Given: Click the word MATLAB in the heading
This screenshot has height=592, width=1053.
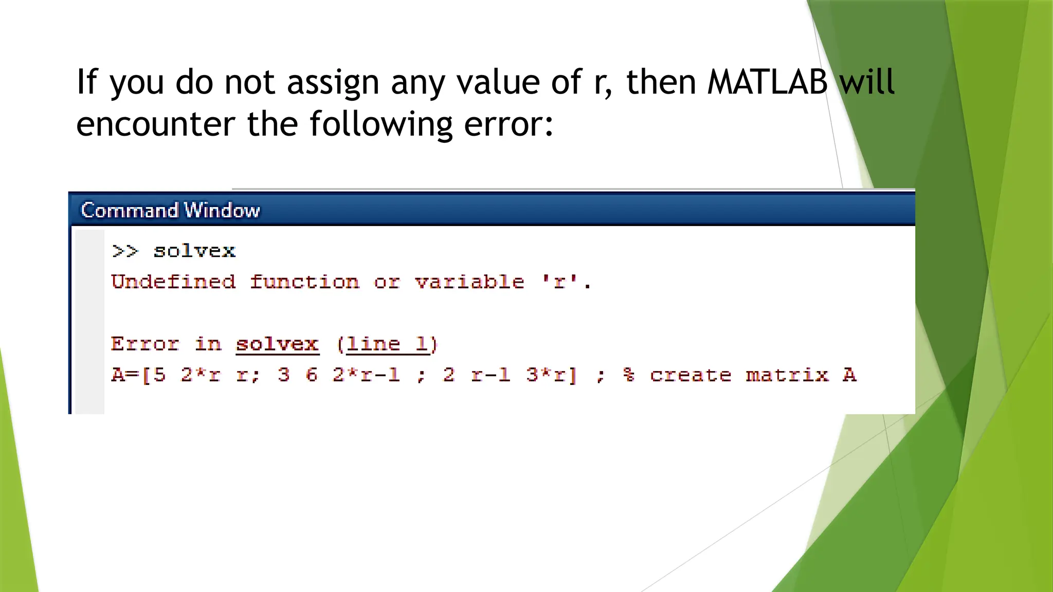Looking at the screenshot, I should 767,82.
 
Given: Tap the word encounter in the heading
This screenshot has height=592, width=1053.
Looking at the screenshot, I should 155,124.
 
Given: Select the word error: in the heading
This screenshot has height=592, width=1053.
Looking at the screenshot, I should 509,124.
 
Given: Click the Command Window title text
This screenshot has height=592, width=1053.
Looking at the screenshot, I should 170,210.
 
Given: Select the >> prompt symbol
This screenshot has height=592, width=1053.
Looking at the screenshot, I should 125,251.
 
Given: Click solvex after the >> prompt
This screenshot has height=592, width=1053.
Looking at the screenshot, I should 194,251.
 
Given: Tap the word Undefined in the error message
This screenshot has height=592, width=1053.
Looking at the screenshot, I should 173,282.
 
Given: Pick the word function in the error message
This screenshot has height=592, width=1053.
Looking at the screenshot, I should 304,282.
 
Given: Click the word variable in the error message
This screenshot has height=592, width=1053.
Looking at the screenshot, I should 469,282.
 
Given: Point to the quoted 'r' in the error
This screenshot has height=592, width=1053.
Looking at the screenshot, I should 559,282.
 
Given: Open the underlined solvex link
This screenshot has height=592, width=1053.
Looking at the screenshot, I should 277,344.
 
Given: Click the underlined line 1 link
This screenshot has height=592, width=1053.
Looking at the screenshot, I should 387,344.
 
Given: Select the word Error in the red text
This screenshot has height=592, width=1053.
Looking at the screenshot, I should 145,344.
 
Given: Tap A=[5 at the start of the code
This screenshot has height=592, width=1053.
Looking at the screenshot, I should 138,375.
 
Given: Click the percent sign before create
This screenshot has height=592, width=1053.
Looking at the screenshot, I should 628,375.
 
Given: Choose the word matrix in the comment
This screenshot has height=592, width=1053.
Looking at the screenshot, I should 787,375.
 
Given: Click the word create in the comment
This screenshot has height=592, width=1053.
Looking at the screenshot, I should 690,375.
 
